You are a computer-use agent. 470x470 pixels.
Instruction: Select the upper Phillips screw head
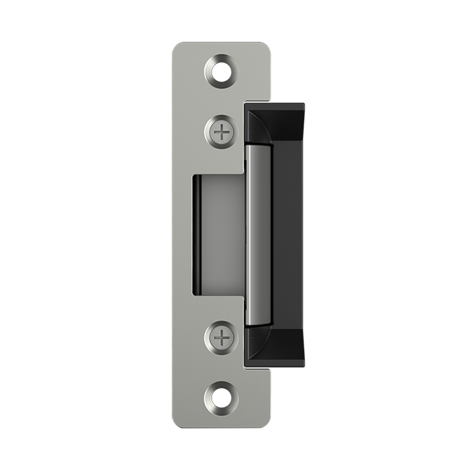(223, 132)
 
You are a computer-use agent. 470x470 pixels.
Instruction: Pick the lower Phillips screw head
(223, 337)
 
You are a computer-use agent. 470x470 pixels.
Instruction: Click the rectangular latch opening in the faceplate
(217, 234)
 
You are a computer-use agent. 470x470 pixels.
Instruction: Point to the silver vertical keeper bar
(258, 234)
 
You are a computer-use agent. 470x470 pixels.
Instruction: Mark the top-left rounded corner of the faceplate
(178, 47)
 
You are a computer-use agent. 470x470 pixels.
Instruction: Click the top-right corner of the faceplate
(267, 46)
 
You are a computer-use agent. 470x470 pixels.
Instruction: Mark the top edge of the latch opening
(217, 176)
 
